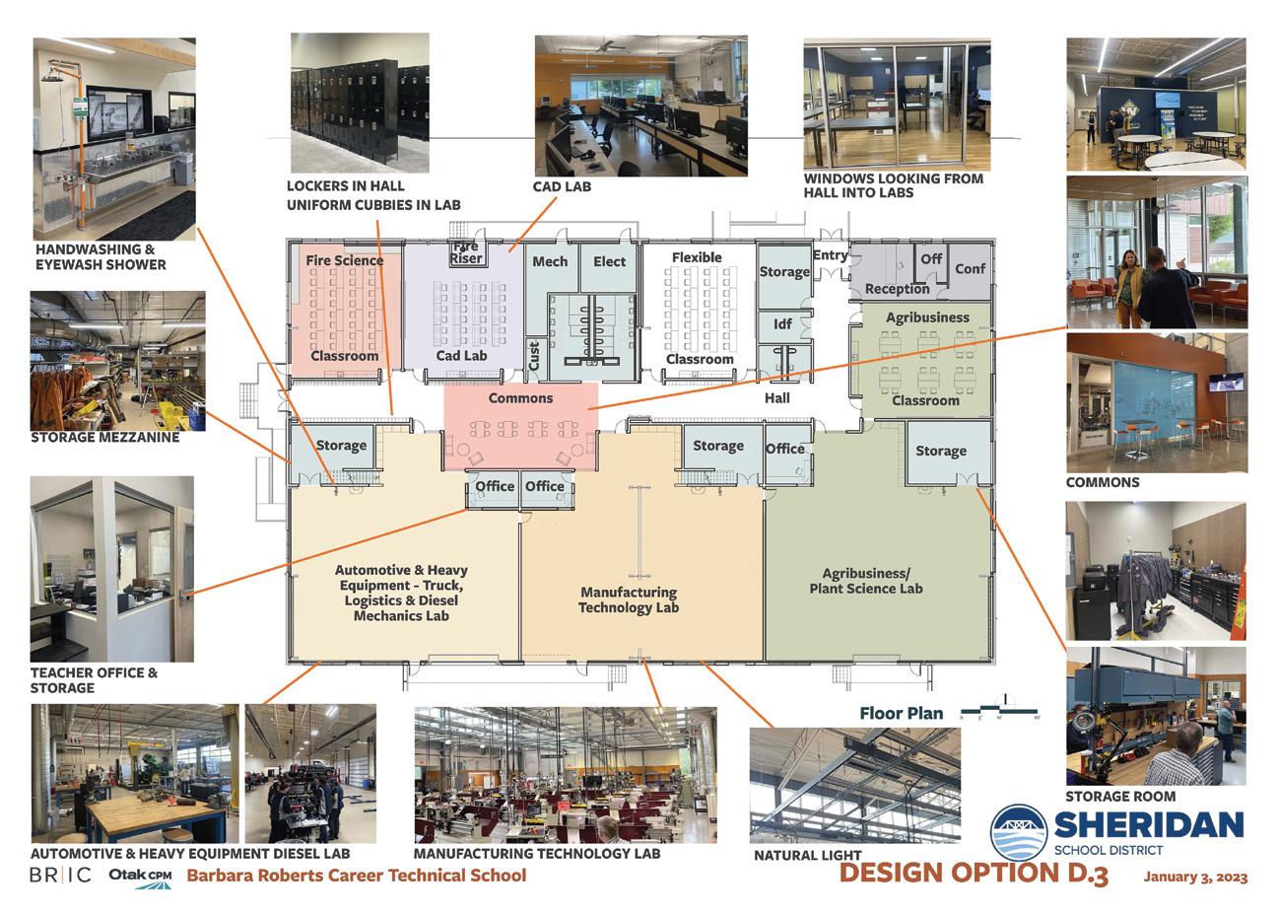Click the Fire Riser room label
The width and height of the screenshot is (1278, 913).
[466, 252]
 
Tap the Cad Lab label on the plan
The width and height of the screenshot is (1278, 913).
[461, 355]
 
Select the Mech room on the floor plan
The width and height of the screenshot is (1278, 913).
[550, 261]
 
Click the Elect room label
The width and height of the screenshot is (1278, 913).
[609, 261]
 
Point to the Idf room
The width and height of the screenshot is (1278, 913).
[782, 323]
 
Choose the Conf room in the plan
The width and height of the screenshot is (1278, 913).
[970, 268]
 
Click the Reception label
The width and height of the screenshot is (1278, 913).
[897, 289]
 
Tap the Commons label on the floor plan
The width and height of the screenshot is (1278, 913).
[520, 398]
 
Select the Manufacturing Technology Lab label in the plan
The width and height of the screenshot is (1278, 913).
[628, 599]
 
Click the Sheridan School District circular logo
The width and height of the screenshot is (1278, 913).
[1019, 832]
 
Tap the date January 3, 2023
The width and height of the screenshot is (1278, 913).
[1195, 877]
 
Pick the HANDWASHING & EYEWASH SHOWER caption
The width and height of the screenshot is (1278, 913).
[101, 257]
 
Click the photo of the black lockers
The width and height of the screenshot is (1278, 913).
[360, 100]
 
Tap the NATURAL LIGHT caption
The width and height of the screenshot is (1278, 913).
[807, 855]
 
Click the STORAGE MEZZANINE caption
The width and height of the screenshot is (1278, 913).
[104, 437]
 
